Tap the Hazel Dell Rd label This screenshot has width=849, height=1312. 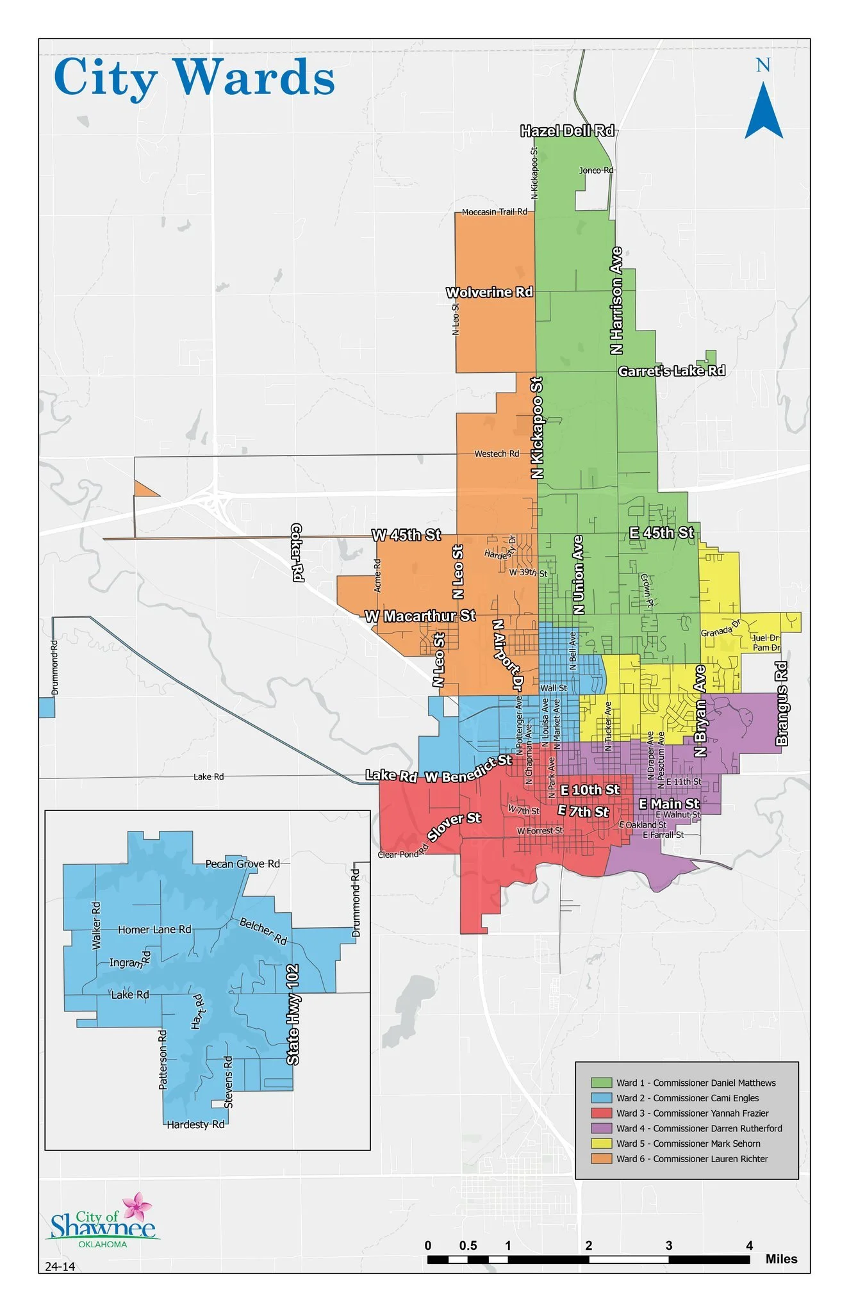567,131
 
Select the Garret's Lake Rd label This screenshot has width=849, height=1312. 672,371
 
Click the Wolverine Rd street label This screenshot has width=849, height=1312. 490,292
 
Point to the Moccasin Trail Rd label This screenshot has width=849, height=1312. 494,211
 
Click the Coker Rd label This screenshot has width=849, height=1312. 297,552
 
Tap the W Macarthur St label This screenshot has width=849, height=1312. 420,616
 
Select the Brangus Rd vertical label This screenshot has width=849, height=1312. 781,703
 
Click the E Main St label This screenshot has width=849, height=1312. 669,803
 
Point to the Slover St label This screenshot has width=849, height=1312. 454,826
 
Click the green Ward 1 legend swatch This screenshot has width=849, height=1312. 601,1083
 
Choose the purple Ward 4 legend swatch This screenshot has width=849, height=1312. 601,1128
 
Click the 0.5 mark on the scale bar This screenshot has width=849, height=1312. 468,1245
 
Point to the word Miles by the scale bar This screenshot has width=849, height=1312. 781,1259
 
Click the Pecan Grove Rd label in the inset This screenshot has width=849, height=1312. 242,864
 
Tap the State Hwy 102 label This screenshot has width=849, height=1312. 293,1015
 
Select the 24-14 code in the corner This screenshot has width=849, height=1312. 60,1267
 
